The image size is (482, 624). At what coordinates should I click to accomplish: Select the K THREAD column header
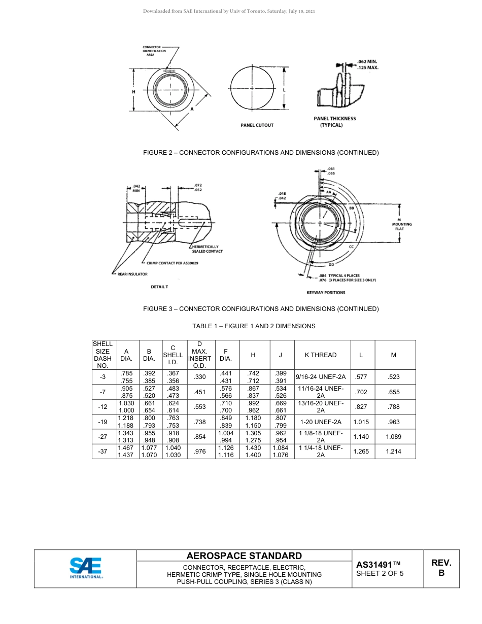pos(320,355)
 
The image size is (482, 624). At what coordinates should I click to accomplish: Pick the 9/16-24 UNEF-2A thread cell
pos(320,377)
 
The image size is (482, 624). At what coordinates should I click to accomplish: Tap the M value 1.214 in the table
pos(393,451)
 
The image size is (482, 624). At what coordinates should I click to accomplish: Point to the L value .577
pos(361,377)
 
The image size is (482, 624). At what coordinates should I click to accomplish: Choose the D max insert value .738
pos(200,422)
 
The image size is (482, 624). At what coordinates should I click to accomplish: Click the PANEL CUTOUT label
pos(257,125)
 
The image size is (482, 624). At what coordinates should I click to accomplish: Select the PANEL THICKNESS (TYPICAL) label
pos(335,122)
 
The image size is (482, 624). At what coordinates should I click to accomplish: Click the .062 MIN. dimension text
pos(367,62)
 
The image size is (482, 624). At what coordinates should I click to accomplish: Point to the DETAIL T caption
pos(159,287)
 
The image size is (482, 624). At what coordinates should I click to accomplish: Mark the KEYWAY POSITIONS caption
pos(326,292)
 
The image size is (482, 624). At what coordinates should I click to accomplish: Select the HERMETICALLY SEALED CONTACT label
pos(207,249)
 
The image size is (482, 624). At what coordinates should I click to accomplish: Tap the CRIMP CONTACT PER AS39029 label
pos(173,263)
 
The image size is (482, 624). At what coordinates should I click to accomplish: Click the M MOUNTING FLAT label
pos(403,224)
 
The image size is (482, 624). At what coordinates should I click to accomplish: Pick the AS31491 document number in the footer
pos(378,565)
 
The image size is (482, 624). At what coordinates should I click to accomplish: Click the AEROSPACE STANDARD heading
pos(244,556)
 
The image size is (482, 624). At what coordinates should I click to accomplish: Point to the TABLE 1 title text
pos(254,326)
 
